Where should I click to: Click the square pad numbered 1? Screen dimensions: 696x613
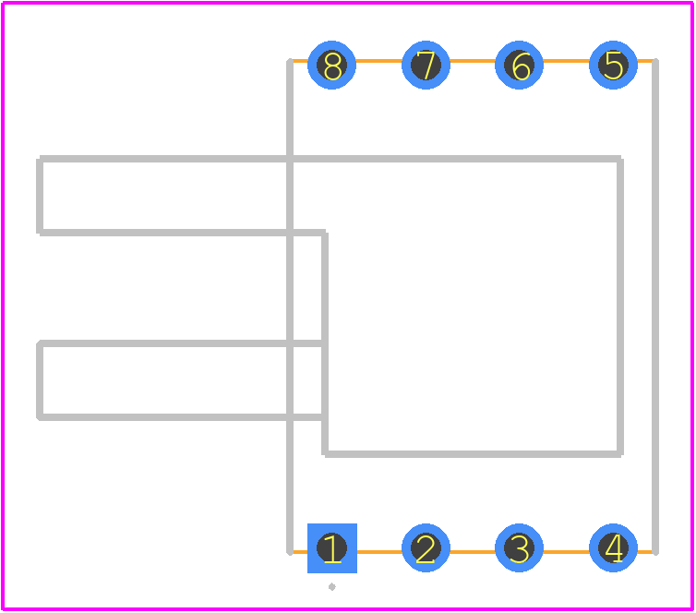pyautogui.click(x=332, y=548)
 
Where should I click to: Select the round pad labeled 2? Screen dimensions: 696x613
pyautogui.click(x=426, y=548)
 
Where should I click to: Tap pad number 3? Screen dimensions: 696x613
pyautogui.click(x=519, y=548)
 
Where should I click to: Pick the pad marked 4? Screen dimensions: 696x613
pyautogui.click(x=613, y=548)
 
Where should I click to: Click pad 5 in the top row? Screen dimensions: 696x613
pyautogui.click(x=613, y=65)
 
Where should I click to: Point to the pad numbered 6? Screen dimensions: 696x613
pyautogui.click(x=519, y=65)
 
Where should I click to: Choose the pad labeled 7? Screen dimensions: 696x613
pyautogui.click(x=426, y=65)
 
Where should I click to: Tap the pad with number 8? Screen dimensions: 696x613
pyautogui.click(x=331, y=65)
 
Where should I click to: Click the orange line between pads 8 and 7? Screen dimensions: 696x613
pyautogui.click(x=378, y=61)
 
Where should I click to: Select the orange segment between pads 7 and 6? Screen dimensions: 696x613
pyautogui.click(x=473, y=61)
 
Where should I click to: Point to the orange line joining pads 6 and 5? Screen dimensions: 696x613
pyautogui.click(x=566, y=61)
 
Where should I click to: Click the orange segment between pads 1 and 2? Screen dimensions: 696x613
pyautogui.click(x=379, y=552)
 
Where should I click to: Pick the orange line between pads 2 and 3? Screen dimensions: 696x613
pyautogui.click(x=473, y=552)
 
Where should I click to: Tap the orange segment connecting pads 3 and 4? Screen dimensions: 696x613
pyautogui.click(x=566, y=552)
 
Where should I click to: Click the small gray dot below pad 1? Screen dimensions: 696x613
pyautogui.click(x=332, y=587)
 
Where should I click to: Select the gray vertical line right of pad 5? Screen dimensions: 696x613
pyautogui.click(x=655, y=306)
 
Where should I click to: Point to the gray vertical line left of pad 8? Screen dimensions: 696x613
pyautogui.click(x=290, y=306)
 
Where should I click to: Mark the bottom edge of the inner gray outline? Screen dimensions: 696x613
pyautogui.click(x=473, y=453)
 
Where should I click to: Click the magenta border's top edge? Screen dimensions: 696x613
pyautogui.click(x=348, y=3)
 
